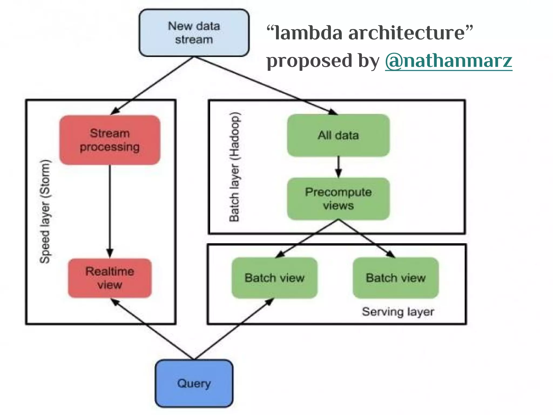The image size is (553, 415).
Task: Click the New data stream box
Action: tap(194, 33)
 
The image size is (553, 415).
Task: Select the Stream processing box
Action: tap(110, 140)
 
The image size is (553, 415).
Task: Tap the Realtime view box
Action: tap(110, 278)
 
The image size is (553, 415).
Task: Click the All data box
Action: tap(338, 135)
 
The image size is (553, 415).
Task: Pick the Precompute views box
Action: tap(338, 199)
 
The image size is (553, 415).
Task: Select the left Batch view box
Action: tap(274, 278)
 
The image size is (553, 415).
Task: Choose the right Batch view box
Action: tap(396, 278)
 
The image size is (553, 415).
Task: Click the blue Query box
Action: tap(194, 383)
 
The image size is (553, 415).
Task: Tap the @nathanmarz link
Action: tap(449, 61)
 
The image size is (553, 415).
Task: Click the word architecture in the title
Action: tap(406, 33)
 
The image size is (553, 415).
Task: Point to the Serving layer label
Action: tap(398, 312)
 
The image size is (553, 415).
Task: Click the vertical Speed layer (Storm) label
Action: tap(45, 211)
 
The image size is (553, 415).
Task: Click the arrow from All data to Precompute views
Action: tap(338, 167)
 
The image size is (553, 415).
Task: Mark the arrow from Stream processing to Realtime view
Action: tap(110, 211)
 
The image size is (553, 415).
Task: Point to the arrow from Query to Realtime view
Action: tap(153, 329)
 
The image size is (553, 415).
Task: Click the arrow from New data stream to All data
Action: tap(266, 86)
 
